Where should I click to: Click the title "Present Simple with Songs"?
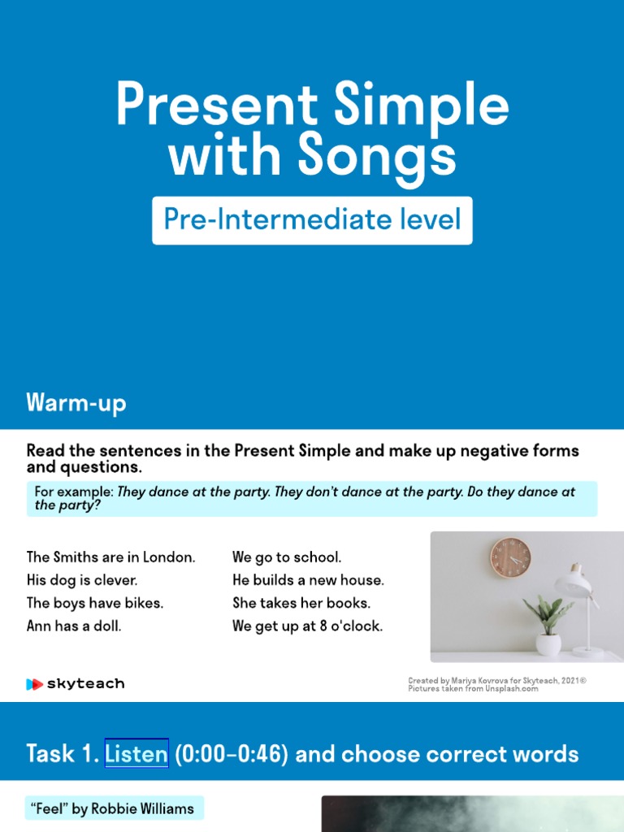(x=312, y=130)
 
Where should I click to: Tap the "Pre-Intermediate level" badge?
(x=312, y=219)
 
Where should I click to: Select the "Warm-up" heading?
(x=76, y=403)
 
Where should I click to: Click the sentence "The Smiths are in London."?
(x=111, y=557)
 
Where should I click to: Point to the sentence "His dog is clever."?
(x=82, y=580)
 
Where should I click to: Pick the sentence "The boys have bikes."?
(x=95, y=603)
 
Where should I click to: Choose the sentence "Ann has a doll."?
(x=74, y=626)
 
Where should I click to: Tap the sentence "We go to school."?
(x=287, y=557)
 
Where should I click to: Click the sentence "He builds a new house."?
(x=308, y=580)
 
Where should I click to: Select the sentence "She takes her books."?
(x=301, y=603)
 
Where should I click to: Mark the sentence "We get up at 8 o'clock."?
(x=307, y=626)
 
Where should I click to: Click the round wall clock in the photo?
(x=510, y=557)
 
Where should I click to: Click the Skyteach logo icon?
(x=34, y=684)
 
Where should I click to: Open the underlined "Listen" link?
(x=136, y=754)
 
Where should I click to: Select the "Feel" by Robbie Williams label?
(x=113, y=808)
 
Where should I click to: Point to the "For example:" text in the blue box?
(x=74, y=492)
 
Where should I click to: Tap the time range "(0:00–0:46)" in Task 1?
(x=232, y=754)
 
